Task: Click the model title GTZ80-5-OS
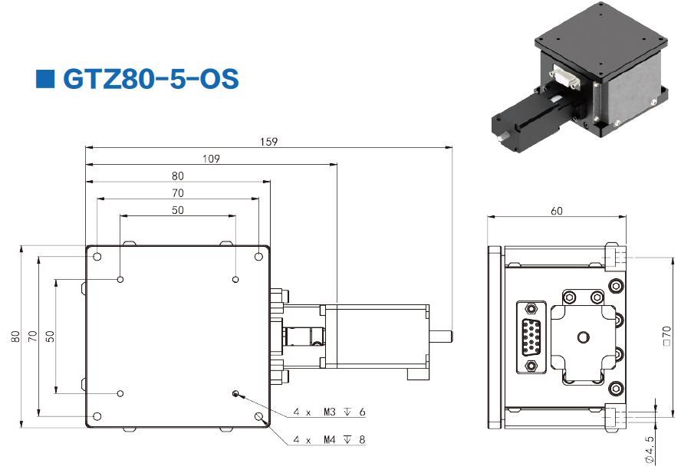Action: tap(150, 79)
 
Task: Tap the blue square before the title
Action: tap(46, 78)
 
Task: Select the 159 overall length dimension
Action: tap(268, 141)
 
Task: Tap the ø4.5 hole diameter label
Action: tap(649, 450)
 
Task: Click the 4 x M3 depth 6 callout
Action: tap(330, 412)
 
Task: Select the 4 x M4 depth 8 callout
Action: tap(330, 440)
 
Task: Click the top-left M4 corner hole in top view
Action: tap(97, 255)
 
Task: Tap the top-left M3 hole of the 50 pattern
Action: tap(120, 279)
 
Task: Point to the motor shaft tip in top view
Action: tap(448, 336)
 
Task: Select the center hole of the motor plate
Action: tap(583, 336)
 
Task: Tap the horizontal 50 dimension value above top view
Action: tap(178, 210)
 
